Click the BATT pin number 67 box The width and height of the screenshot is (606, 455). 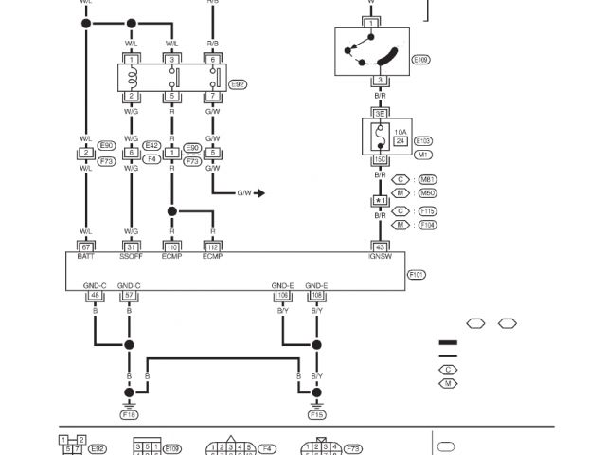tap(86, 246)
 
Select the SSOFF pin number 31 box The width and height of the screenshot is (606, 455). tap(131, 246)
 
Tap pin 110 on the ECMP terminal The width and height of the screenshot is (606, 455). tap(172, 246)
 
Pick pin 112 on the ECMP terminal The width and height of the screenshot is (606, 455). tap(212, 246)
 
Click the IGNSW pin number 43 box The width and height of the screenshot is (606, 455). tap(380, 246)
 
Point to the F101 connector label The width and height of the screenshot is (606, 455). tap(417, 274)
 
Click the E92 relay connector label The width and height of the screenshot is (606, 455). tap(239, 83)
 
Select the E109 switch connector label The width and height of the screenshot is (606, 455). tap(421, 59)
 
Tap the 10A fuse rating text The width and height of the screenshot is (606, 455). tap(400, 132)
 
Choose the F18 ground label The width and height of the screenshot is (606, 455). tap(130, 414)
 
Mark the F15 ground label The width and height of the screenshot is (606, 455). tap(316, 414)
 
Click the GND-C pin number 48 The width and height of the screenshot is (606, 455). tap(95, 295)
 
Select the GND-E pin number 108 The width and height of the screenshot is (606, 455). tap(316, 295)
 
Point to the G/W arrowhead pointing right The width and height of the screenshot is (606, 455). tap(259, 193)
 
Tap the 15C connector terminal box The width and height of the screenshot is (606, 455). tap(380, 159)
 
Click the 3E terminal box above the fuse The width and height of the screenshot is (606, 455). tap(380, 113)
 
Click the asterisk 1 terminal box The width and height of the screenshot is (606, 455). tap(380, 201)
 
